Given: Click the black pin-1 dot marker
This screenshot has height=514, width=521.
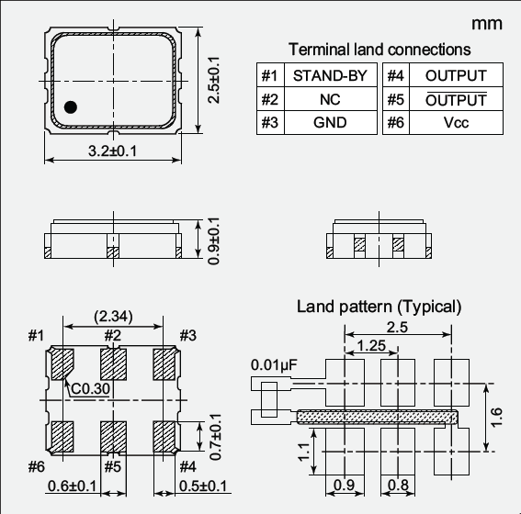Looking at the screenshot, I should coord(71,107).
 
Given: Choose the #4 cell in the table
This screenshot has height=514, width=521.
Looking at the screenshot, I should coord(396,75).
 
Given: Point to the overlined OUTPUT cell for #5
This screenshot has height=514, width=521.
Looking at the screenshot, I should coord(456,99).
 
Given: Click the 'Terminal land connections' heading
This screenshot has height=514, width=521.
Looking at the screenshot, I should coord(379,50).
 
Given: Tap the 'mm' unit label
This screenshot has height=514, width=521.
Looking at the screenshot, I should coord(487,23).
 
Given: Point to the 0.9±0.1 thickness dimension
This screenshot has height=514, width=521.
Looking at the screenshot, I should coord(213,241).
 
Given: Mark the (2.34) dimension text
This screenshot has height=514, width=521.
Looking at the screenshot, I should coord(112,317).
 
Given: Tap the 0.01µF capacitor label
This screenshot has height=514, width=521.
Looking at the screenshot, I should coord(273,365).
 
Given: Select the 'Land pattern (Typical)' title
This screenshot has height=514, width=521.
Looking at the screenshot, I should coord(379,306).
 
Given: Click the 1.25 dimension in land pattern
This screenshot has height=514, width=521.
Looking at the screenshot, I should coord(368,346).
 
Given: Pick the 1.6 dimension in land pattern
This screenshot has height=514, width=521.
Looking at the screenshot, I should coord(496,418).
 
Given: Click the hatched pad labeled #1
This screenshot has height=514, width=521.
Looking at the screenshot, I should coord(62,364).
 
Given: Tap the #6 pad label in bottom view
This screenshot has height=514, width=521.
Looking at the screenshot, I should coord(36,467).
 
